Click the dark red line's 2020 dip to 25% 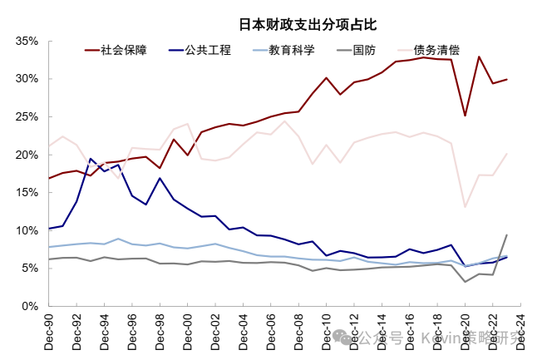[466, 116]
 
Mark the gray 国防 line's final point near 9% [507, 234]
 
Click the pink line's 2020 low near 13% [466, 206]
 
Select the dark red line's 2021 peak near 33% [480, 57]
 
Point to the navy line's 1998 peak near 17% [160, 178]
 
